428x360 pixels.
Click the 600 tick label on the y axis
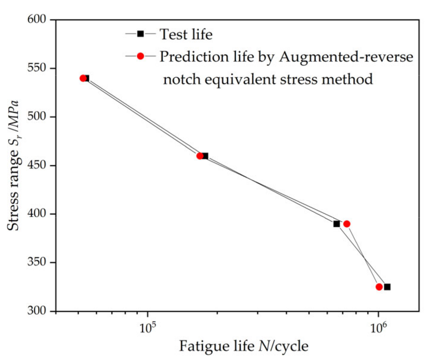(37, 19)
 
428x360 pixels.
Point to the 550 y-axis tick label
(37, 68)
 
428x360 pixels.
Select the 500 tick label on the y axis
(37, 117)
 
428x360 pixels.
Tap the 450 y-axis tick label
(37, 165)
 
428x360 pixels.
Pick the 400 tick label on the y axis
(37, 214)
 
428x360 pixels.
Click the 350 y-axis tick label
(37, 262)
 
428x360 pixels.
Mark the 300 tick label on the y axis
(37, 311)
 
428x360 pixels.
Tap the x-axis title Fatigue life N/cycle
(243, 346)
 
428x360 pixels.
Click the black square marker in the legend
(140, 34)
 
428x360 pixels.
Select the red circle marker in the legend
(140, 56)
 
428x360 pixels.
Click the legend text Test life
(186, 34)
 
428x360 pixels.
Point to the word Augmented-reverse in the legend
(346, 56)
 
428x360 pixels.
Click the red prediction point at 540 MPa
(83, 78)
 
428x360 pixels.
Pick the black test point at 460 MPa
(205, 156)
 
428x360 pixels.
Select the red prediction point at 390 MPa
(347, 224)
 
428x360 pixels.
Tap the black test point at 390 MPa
(337, 224)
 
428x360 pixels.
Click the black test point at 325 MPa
(387, 287)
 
